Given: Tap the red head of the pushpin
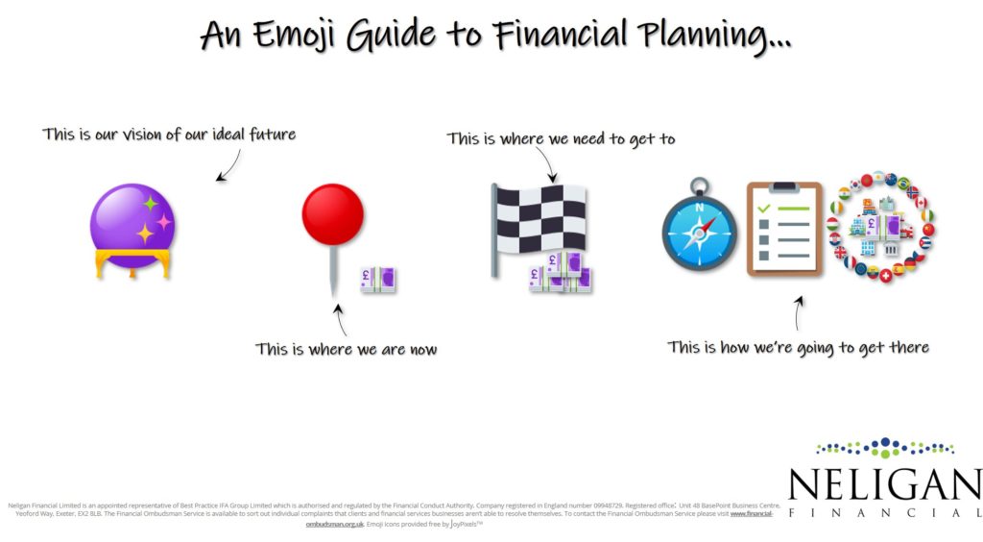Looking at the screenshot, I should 333,213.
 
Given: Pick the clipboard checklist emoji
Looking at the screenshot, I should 784,229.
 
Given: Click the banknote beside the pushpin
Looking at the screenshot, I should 377,279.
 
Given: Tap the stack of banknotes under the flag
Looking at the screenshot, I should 560,274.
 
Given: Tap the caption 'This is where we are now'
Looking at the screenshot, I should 346,349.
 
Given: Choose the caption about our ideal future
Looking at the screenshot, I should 169,135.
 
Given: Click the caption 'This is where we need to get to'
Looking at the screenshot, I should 561,139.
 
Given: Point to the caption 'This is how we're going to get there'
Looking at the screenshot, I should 798,347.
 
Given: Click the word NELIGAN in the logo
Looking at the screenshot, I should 884,484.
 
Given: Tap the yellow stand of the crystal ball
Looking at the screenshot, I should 132,263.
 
